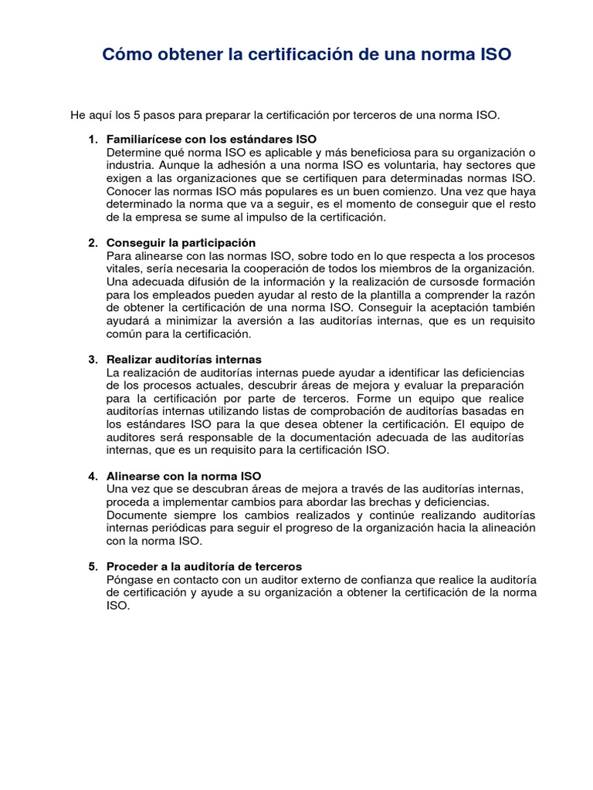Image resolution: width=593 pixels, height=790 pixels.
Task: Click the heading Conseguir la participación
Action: pos(181,243)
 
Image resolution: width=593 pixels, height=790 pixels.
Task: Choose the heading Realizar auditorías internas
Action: pos(184,360)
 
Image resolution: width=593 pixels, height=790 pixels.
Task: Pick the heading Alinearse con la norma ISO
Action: pos(184,476)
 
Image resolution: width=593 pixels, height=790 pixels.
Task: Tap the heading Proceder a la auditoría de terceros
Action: pos(204,566)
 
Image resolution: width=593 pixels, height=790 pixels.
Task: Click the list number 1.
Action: pos(93,140)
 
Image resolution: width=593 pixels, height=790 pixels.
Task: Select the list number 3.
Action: pos(93,360)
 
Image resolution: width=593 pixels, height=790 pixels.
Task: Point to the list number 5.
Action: pos(93,566)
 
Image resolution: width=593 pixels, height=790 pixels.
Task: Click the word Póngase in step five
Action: pos(127,579)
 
